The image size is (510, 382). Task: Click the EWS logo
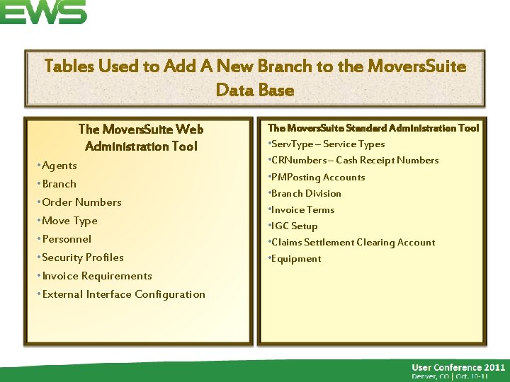42,12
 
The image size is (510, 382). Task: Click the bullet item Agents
59,166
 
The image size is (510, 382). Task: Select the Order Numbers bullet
81,202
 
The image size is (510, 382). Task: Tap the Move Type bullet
69,221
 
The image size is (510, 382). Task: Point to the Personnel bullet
67,239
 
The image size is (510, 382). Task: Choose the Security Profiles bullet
82,257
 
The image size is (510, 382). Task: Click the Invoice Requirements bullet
96,276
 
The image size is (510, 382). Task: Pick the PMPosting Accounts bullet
317,178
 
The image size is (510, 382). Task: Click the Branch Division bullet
305,194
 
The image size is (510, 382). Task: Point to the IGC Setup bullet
294,226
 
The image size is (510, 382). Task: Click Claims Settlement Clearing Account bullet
353,243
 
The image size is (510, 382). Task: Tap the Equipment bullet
295,259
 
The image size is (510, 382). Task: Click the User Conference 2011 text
458,367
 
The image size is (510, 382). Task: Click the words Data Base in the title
254,91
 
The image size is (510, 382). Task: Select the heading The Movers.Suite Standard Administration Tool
373,128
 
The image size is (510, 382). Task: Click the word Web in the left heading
189,129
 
